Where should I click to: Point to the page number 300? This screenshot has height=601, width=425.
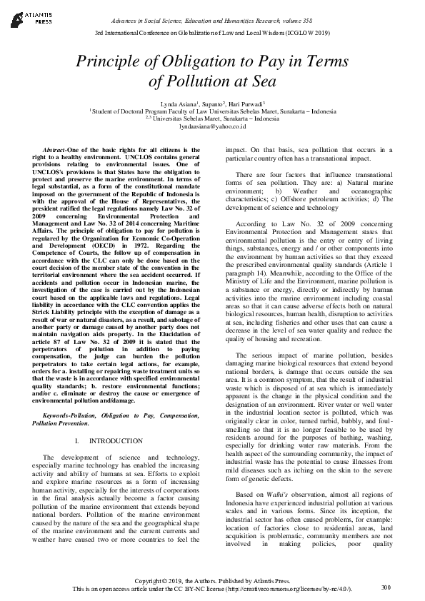pos(386,587)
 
